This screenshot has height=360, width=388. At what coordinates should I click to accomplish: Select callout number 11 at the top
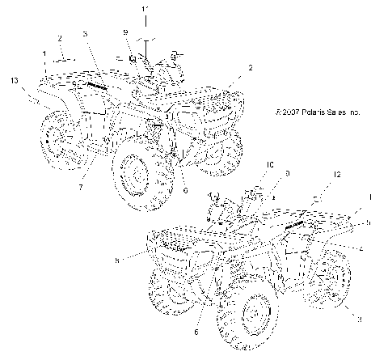(145, 10)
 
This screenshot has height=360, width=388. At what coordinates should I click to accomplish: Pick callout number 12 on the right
(338, 175)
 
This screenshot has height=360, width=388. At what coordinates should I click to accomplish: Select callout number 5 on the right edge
(369, 222)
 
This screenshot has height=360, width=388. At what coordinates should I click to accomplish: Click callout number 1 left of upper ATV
(45, 53)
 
